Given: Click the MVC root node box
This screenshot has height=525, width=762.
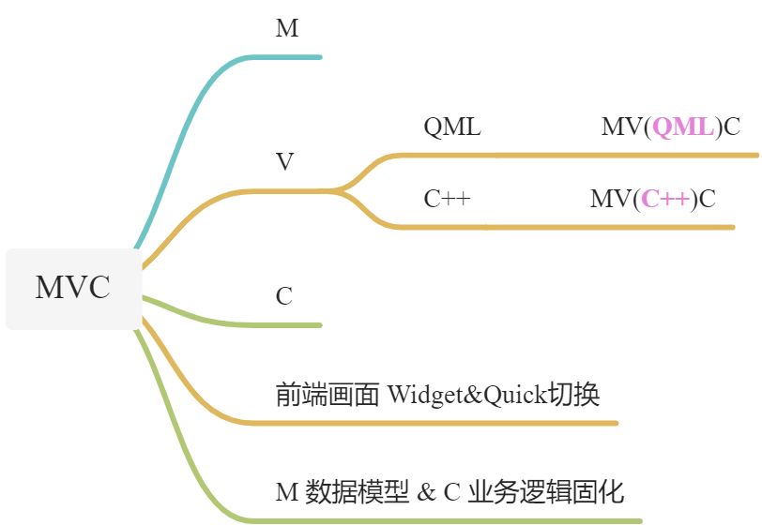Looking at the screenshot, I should click(72, 289).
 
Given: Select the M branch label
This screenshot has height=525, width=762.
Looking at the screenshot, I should click(287, 29).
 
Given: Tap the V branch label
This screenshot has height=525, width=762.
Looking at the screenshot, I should click(285, 162).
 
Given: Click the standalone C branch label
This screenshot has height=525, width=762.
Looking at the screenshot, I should click(284, 297).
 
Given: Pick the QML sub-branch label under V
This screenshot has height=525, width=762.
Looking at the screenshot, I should click(452, 127).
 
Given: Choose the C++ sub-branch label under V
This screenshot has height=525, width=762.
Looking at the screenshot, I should click(447, 199).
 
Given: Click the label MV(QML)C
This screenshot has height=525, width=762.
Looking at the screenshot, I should click(670, 127).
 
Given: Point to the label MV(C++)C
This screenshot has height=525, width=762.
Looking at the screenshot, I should click(652, 199).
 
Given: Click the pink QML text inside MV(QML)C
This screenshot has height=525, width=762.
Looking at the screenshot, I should click(682, 127).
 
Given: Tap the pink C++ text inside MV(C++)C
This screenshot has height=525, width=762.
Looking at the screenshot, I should click(666, 199).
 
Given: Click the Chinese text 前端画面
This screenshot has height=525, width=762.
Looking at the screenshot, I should click(328, 395).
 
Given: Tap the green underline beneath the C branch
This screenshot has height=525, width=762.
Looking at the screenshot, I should click(282, 325).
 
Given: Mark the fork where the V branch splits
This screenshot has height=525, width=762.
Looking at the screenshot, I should click(340, 190).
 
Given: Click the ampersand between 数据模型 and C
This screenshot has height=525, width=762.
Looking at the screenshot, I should click(427, 492).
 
